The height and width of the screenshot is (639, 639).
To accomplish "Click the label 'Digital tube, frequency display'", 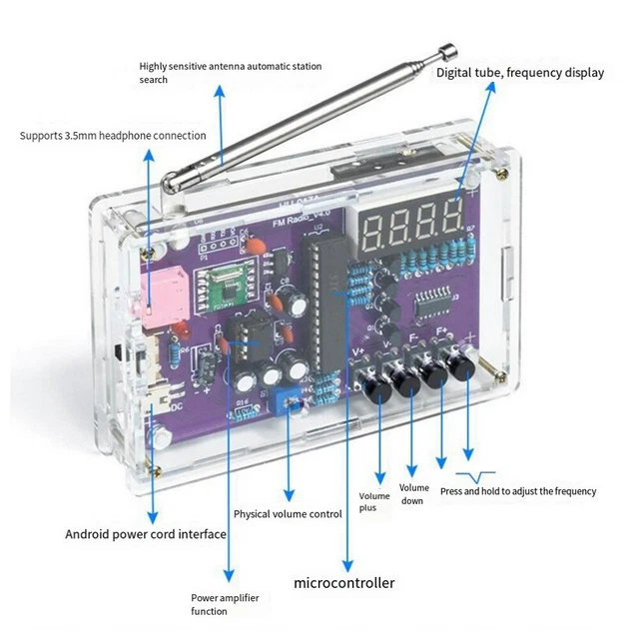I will click(520, 73).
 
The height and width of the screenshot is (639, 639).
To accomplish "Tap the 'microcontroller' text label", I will click(343, 583).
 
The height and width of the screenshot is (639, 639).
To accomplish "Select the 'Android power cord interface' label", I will click(146, 534).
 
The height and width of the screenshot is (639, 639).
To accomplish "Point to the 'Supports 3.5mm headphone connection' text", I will click(113, 136).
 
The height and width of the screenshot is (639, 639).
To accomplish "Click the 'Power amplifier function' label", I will click(225, 604).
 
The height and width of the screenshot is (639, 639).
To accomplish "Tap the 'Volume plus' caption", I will click(374, 501).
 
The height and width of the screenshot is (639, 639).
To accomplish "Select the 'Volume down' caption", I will click(414, 494).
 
